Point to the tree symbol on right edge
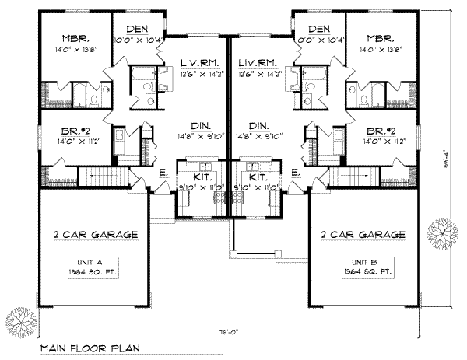pyautogui.click(x=444, y=232)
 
